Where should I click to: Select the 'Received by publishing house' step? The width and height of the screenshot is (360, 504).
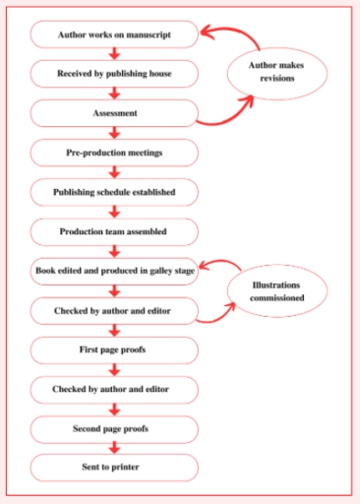click(x=114, y=73)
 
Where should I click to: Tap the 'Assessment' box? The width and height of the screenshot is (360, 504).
click(x=114, y=113)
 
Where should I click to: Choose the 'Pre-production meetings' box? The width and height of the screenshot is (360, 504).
click(x=114, y=153)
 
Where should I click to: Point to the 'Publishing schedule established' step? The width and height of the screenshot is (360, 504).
click(x=114, y=192)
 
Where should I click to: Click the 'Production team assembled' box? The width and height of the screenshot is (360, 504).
click(x=114, y=231)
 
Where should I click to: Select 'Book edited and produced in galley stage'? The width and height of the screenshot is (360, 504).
click(x=114, y=271)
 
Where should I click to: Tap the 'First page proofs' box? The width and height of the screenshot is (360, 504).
click(x=114, y=349)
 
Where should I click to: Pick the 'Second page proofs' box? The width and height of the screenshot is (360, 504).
click(x=114, y=429)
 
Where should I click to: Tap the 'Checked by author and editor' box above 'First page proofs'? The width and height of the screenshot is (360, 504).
click(x=114, y=310)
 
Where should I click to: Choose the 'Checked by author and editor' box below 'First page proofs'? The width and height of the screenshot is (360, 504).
click(x=114, y=390)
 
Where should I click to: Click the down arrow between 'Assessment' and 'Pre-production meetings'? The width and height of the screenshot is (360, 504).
click(x=114, y=133)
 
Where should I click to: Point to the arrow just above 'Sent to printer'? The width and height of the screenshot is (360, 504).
click(x=114, y=449)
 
